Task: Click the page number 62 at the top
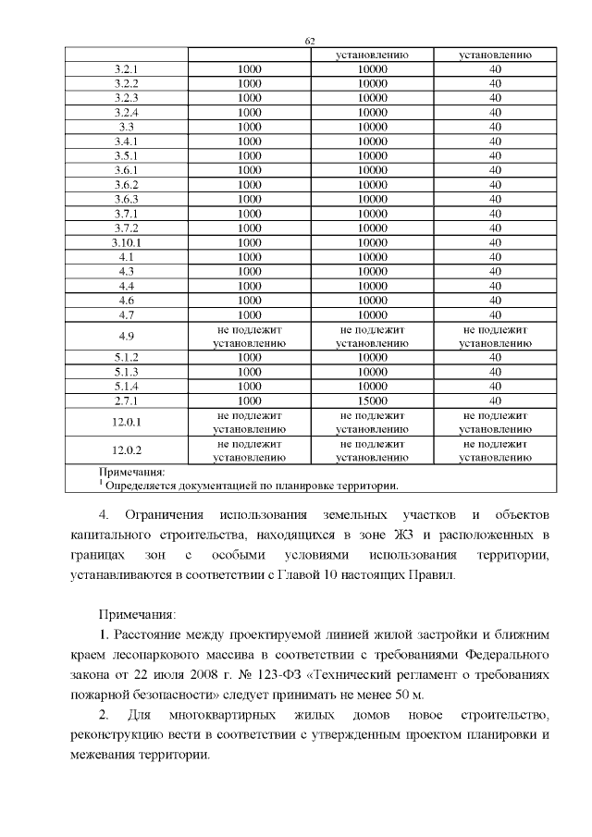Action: (x=310, y=41)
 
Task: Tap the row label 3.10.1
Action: (x=126, y=241)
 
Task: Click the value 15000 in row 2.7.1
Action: (x=372, y=400)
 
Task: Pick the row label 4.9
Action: (x=126, y=335)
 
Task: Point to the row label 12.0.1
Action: (x=126, y=422)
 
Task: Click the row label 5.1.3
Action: (x=126, y=371)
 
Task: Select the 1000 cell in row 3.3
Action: (x=249, y=127)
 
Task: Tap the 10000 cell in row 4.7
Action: (x=372, y=314)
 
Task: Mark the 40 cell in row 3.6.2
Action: (x=495, y=184)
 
